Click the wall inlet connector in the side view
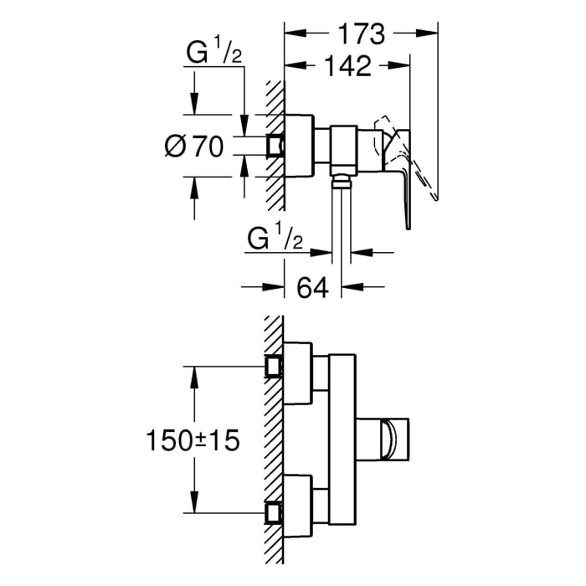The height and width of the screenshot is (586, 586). coord(275,146)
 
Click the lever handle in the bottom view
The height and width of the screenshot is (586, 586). coord(387,439)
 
